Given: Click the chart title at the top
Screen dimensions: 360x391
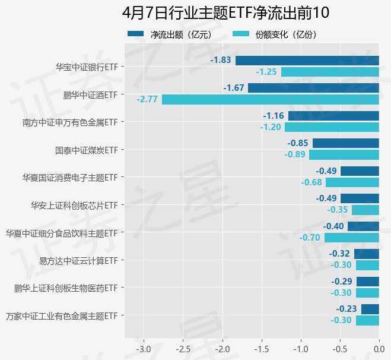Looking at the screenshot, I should [x=225, y=12].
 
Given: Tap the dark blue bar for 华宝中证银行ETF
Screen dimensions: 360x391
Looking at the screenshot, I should [x=307, y=60].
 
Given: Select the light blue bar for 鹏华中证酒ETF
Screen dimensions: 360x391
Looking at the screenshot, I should [x=270, y=99].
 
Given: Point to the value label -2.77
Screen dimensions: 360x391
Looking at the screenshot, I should [x=147, y=99].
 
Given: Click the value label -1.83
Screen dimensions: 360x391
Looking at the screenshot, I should [x=221, y=60].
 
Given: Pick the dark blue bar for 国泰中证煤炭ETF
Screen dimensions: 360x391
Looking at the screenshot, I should [x=345, y=143].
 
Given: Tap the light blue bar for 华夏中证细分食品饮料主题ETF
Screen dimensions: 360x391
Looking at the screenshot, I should [x=351, y=238].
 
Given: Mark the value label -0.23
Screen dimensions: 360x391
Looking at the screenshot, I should [x=347, y=309].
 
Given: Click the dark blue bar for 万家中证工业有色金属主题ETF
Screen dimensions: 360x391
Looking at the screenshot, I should [x=370, y=309].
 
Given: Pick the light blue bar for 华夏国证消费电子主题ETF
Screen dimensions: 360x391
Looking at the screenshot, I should [x=352, y=182].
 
